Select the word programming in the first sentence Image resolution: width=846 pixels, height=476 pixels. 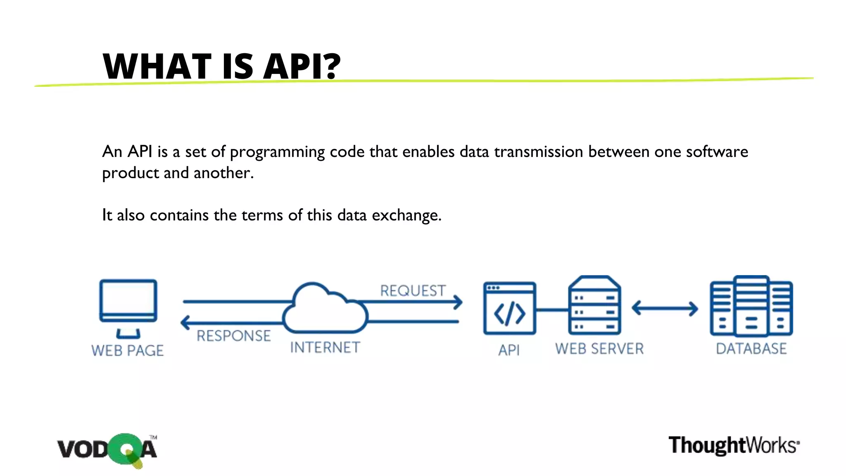point(277,152)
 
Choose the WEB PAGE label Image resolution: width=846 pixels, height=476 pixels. point(127,350)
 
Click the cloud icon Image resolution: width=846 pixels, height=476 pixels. point(325,309)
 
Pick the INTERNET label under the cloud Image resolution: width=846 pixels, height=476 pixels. point(325,347)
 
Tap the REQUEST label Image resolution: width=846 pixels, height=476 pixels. point(413,290)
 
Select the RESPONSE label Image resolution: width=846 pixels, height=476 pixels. point(233,336)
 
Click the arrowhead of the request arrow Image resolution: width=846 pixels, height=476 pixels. point(458,302)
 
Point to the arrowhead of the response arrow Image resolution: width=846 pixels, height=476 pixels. point(185,322)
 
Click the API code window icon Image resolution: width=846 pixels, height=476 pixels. point(509,308)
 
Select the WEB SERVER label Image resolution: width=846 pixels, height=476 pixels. point(599,349)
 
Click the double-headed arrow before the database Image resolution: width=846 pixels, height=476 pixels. point(665,308)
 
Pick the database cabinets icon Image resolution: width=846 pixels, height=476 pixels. point(751,306)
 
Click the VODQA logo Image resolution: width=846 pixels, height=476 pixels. point(107,450)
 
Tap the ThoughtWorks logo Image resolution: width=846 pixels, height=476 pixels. point(734,445)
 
